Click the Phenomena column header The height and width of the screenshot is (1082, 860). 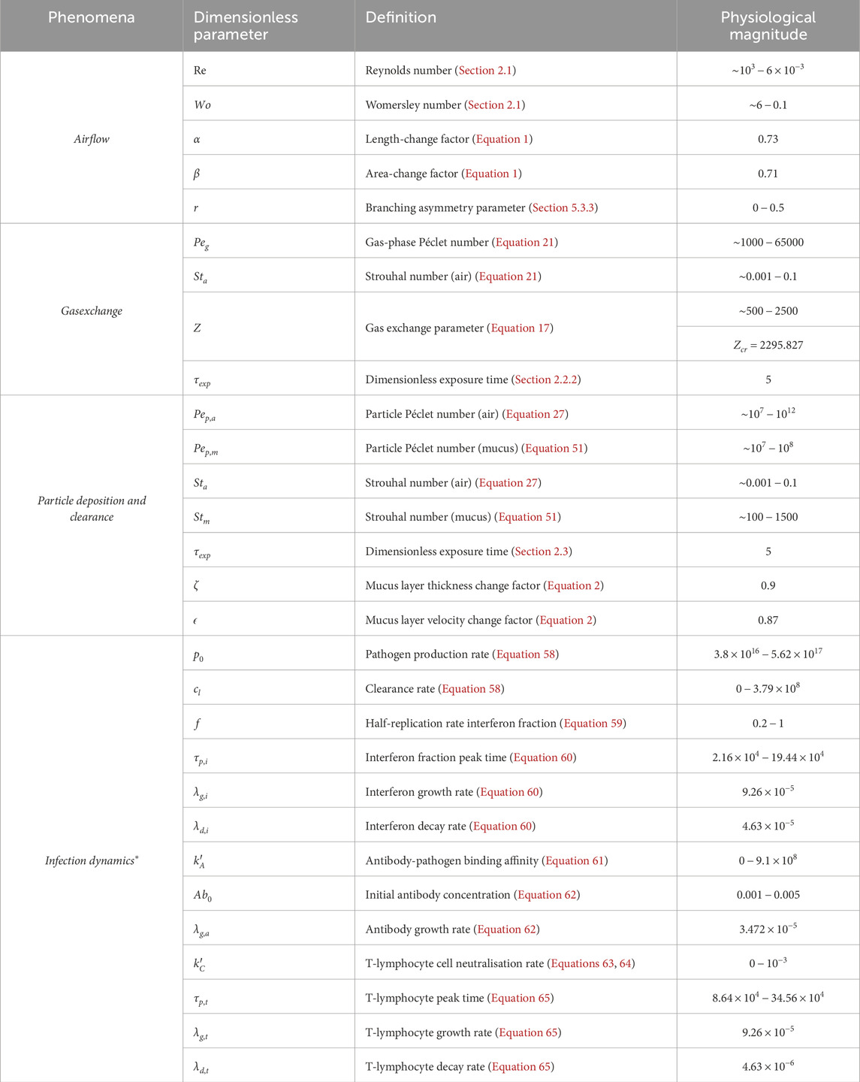click(x=92, y=17)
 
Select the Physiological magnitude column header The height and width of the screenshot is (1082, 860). click(x=768, y=26)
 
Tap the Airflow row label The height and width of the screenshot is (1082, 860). click(x=92, y=139)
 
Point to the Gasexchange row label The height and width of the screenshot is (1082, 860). click(x=92, y=311)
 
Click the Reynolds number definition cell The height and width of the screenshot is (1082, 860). click(x=440, y=70)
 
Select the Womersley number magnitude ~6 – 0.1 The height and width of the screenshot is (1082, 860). click(x=768, y=104)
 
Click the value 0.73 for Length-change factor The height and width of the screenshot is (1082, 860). click(x=768, y=139)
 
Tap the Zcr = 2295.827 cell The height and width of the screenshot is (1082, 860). click(x=768, y=346)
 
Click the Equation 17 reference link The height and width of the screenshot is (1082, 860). click(x=521, y=328)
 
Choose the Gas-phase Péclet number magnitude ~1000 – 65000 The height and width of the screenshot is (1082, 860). click(x=768, y=242)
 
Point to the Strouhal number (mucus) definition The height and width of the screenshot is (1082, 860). click(x=463, y=517)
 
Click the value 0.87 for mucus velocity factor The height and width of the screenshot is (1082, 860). click(x=768, y=620)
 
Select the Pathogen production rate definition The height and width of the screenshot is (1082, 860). click(x=461, y=654)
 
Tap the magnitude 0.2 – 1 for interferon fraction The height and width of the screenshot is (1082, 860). click(x=768, y=723)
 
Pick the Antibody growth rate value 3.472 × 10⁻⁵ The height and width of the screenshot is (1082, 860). click(x=768, y=929)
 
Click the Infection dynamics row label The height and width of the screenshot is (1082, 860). click(x=92, y=860)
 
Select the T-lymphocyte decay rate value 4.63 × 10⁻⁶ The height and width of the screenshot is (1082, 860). click(x=768, y=1066)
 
